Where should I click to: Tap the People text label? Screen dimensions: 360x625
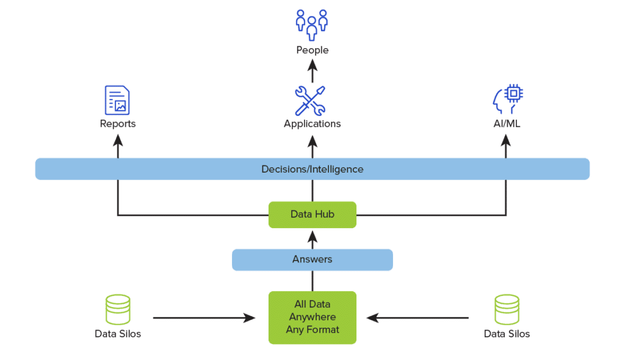pos(312,50)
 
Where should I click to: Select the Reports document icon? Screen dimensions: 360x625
pos(118,101)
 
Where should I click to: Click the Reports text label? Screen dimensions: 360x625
pos(118,124)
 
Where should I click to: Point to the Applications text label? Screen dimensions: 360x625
pos(312,124)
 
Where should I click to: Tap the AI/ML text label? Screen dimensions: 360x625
pos(506,124)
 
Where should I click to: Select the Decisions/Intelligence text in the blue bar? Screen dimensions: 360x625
pos(312,169)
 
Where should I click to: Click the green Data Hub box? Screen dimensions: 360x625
pos(312,215)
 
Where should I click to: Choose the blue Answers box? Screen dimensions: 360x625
pos(312,259)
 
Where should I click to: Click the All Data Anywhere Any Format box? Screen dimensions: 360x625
pos(312,317)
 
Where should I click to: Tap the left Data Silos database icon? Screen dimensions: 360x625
pos(118,309)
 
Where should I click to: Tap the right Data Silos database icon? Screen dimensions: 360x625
pos(507,309)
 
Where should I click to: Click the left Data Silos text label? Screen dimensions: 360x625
pos(118,334)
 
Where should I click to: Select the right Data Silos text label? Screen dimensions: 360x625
pos(507,334)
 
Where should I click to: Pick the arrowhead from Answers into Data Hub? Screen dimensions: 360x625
pos(312,234)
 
